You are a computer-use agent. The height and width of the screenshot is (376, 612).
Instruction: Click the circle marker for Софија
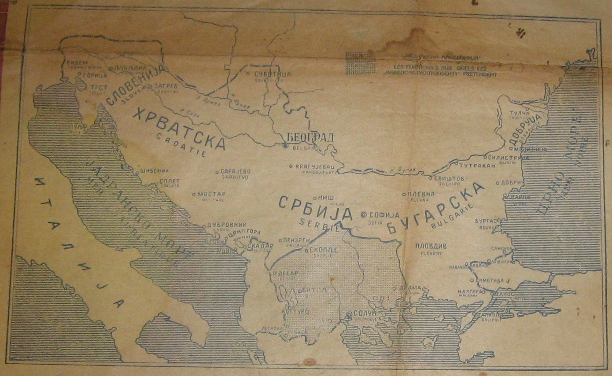[364, 215]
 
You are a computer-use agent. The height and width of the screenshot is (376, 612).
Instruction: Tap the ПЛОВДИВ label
[431, 246]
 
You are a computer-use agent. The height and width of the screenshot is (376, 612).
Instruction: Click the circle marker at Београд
[285, 145]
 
